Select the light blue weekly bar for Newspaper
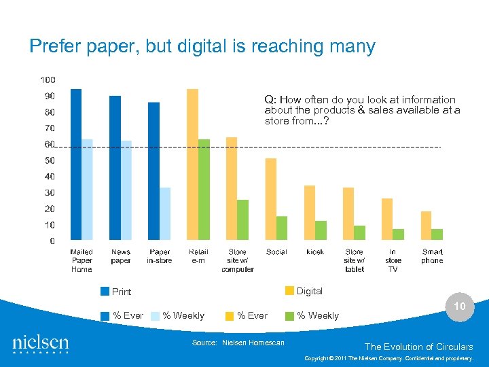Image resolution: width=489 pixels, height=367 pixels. click(126, 191)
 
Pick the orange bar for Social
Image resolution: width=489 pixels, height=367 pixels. click(271, 200)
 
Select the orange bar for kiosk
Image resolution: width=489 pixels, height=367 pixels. click(310, 213)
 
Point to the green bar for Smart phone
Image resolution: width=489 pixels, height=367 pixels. click(437, 234)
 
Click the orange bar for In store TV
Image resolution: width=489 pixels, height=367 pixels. click(387, 220)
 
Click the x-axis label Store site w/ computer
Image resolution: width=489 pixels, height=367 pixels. click(237, 260)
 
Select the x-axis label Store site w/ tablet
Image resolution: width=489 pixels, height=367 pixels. click(354, 260)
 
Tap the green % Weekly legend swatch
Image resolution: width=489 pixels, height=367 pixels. click(289, 315)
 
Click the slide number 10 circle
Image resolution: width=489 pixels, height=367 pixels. click(460, 307)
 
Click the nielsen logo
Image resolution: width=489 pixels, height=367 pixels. click(41, 343)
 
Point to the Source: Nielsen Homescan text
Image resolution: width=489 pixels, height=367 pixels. click(238, 343)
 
